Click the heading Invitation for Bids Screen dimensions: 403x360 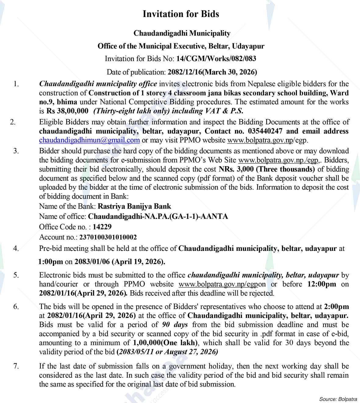point(181,14)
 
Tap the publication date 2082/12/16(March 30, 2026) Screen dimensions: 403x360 point(212,72)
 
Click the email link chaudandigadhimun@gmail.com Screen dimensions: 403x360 point(89,140)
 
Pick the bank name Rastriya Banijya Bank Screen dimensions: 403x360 point(134,206)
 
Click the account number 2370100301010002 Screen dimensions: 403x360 point(108,237)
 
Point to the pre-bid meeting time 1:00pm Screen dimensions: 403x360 point(51,262)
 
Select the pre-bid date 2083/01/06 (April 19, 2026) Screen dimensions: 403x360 point(120,262)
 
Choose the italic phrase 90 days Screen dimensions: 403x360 point(175,324)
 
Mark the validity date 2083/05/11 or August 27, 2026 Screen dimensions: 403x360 point(167,352)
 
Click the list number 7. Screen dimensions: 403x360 point(16,366)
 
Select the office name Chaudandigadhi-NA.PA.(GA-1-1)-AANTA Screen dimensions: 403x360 point(158,216)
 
